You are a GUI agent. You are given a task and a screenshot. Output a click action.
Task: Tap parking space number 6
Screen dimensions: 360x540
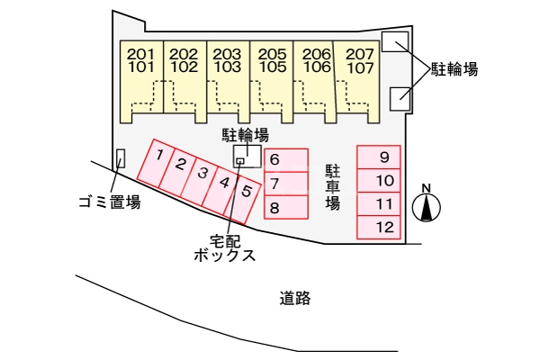286,160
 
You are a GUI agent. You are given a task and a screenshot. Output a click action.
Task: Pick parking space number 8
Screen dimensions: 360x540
286,208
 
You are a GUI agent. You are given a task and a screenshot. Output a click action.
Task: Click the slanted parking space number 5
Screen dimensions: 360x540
244,192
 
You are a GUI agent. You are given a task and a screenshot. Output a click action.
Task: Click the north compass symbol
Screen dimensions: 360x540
427,206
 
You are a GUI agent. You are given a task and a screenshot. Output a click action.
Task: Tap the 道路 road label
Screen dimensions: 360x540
294,299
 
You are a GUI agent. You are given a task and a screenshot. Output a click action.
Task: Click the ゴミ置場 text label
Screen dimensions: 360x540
109,202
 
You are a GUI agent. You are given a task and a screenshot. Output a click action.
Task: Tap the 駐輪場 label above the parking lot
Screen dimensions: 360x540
246,135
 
